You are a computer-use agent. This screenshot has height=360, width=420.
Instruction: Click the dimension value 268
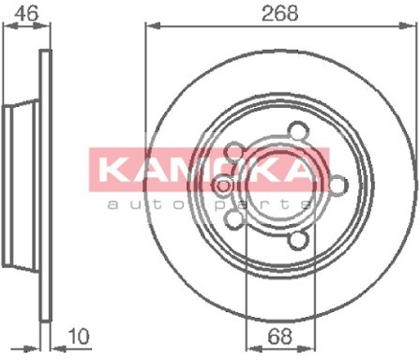[280, 13]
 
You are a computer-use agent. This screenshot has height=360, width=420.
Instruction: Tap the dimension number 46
[27, 13]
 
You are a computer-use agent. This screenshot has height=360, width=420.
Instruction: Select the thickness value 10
[79, 337]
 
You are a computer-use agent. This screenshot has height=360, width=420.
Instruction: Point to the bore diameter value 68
[280, 337]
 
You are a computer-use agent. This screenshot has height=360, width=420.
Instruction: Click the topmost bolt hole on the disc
[297, 130]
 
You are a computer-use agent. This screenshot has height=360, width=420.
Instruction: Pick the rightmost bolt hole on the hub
[338, 185]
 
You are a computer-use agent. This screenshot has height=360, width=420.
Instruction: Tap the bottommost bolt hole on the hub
[297, 240]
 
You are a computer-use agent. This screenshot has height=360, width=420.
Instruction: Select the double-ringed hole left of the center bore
[223, 187]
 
